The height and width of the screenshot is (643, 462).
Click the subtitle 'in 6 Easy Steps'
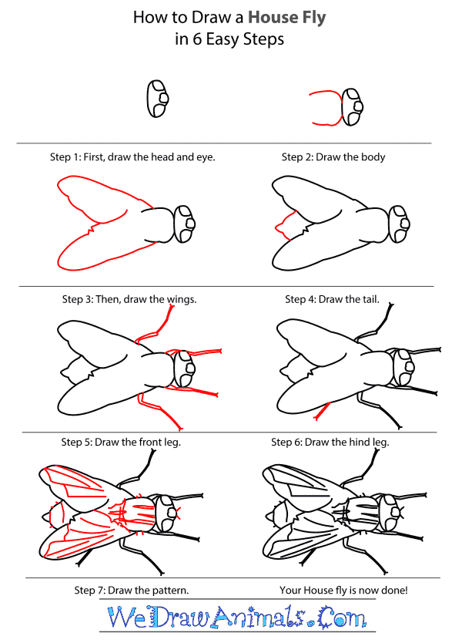click(x=229, y=39)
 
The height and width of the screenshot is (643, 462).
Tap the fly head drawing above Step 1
click(x=158, y=99)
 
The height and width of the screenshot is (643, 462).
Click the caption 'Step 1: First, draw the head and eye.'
click(x=132, y=157)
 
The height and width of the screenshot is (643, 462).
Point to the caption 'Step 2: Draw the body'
click(x=333, y=157)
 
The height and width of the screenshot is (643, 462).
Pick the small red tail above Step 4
click(x=285, y=224)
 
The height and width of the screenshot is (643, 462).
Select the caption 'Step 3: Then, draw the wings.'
click(x=129, y=299)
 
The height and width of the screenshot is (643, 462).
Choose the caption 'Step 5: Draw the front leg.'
click(x=126, y=443)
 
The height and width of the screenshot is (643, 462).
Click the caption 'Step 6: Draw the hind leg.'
click(x=330, y=443)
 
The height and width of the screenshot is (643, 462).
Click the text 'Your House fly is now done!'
click(x=343, y=591)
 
